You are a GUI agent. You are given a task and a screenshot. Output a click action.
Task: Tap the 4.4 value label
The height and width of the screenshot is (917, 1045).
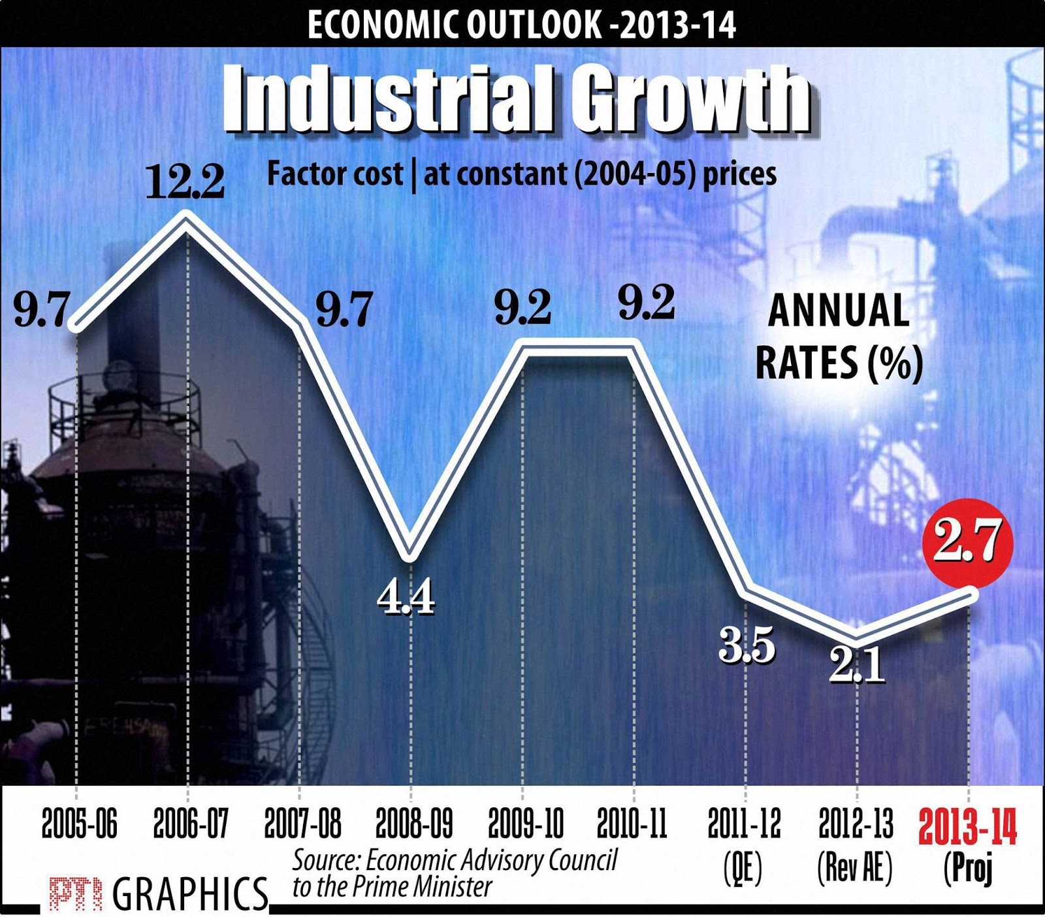tap(406, 597)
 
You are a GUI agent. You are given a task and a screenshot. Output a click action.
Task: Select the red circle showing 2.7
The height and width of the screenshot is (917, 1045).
tap(967, 540)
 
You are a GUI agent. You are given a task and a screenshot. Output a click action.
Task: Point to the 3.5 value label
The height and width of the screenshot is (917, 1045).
tap(747, 645)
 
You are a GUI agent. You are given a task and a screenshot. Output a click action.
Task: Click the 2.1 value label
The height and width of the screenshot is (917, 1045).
tap(856, 666)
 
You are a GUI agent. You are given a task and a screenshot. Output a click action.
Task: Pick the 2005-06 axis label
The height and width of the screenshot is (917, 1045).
tap(79, 824)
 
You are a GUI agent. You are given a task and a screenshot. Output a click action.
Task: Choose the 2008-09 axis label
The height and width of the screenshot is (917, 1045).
tap(413, 824)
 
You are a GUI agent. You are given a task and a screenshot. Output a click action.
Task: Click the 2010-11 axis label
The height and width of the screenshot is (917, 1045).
tap(632, 824)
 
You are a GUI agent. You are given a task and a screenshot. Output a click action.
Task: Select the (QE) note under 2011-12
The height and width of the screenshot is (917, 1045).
tap(743, 868)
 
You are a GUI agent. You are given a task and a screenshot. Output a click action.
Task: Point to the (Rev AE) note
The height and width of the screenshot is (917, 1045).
tap(855, 868)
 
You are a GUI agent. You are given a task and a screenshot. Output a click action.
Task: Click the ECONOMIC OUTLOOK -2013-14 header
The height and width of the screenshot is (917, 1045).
tap(521, 25)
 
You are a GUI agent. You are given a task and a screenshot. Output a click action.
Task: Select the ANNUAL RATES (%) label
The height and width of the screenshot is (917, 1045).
tap(839, 337)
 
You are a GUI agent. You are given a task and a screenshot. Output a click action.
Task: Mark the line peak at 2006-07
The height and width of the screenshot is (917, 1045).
tap(187, 219)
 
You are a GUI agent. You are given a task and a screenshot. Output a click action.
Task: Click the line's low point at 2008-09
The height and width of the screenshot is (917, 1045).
tap(409, 556)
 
